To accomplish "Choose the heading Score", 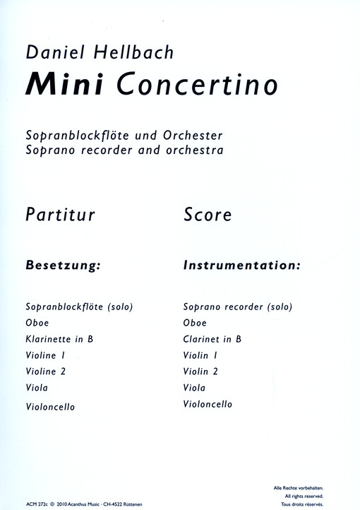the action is pos(207,214).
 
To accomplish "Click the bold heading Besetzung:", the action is pos(64,267).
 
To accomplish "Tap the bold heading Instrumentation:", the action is pos(241,267).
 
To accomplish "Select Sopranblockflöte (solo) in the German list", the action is pos(79,307).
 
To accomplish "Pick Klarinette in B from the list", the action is pos(59,339).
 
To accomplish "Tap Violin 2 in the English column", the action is pos(201,372).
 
